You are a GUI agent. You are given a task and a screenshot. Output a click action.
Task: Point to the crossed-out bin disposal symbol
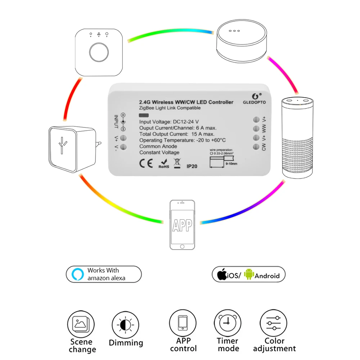coord(176,163)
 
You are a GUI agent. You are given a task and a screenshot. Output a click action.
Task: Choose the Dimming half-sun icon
coord(125,325)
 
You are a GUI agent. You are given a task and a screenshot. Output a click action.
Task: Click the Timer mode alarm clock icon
coord(228,323)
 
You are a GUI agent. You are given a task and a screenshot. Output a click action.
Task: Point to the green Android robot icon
coord(249,275)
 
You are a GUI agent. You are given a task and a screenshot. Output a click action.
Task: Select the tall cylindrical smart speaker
coord(298,137)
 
